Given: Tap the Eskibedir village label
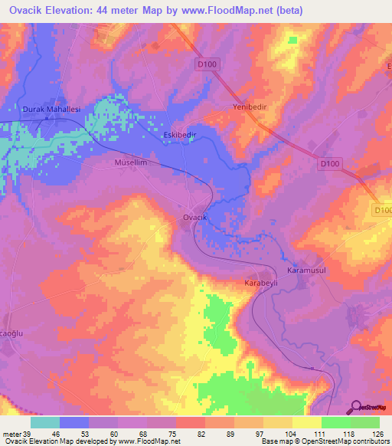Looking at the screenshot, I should (x=181, y=135).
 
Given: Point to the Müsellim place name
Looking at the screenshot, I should (x=129, y=163).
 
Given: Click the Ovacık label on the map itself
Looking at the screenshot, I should (x=195, y=218).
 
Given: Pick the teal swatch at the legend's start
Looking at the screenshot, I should (x=45, y=422).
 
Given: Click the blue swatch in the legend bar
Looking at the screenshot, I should (x=74, y=422).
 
